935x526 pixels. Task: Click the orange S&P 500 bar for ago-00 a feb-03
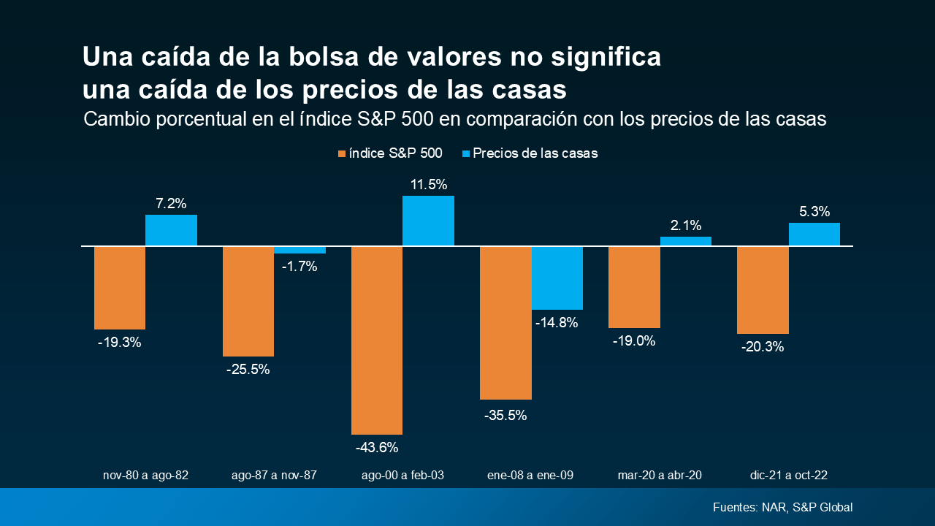(x=377, y=340)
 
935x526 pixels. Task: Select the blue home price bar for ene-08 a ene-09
(x=557, y=278)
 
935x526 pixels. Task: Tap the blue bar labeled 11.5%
(x=428, y=221)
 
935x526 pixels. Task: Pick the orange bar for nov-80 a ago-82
(x=120, y=288)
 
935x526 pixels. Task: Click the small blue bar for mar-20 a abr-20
(x=685, y=241)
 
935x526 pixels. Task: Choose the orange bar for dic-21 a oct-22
(x=763, y=290)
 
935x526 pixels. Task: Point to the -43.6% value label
(x=377, y=447)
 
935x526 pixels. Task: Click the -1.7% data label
(x=299, y=267)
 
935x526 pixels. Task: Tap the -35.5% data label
(x=505, y=415)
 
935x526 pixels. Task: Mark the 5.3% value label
(x=814, y=212)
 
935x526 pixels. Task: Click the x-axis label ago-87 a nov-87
(x=274, y=475)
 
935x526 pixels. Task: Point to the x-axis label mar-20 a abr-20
(x=659, y=475)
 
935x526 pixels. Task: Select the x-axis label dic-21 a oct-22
(x=788, y=475)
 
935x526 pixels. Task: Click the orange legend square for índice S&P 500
(x=341, y=153)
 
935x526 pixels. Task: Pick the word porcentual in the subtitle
(x=180, y=119)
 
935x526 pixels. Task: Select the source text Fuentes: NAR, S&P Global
(x=782, y=507)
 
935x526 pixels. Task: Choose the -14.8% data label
(x=557, y=322)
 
